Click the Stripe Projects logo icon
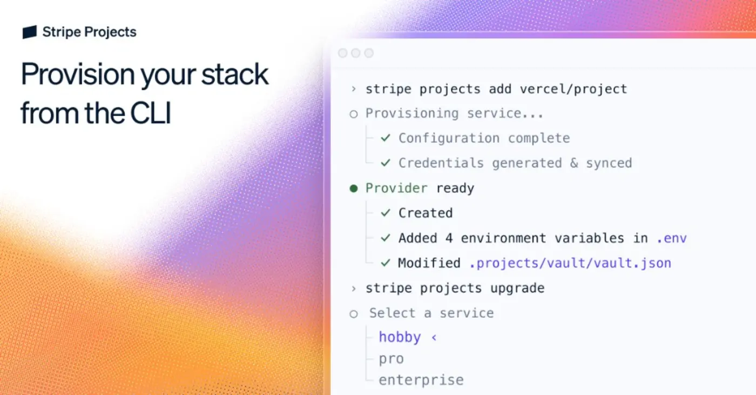[x=30, y=32]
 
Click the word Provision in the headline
[x=77, y=75]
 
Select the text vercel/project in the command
[x=573, y=89]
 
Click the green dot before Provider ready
[x=354, y=189]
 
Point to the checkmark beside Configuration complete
[x=386, y=138]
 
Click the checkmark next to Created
[x=386, y=213]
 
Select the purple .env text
[x=671, y=238]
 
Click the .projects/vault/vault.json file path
[x=570, y=263]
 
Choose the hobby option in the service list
[x=400, y=337]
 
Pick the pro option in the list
[x=391, y=359]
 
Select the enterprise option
[x=421, y=380]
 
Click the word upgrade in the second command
[x=517, y=288]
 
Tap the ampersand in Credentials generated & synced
[x=574, y=163]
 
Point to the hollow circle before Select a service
[x=354, y=313]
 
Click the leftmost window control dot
[x=342, y=53]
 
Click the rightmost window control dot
[x=369, y=53]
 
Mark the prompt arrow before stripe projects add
[x=353, y=89]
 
